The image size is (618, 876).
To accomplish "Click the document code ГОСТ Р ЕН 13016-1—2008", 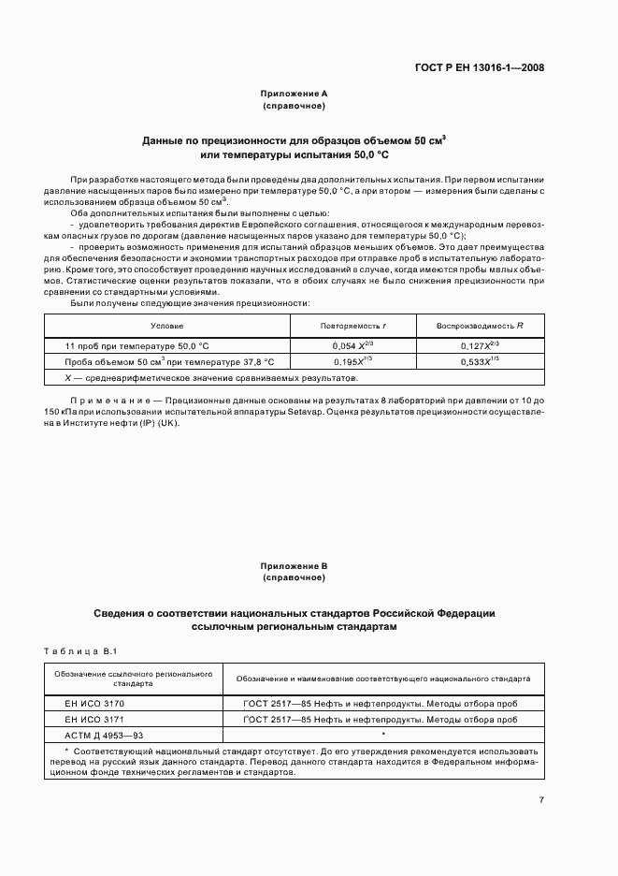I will pyautogui.click(x=480, y=67).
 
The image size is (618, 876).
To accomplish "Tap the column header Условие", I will pyautogui.click(x=166, y=326).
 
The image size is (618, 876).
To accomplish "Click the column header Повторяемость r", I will pyautogui.click(x=353, y=326).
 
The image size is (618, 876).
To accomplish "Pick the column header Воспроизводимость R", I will pyautogui.click(x=480, y=326).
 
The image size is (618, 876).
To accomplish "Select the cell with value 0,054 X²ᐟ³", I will pyautogui.click(x=353, y=345).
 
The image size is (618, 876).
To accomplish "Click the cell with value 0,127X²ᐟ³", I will pyautogui.click(x=480, y=345).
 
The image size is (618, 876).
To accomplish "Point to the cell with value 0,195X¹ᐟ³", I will pyautogui.click(x=353, y=361).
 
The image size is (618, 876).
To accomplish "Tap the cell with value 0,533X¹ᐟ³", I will pyautogui.click(x=480, y=361).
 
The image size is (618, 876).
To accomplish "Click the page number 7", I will pyautogui.click(x=541, y=799).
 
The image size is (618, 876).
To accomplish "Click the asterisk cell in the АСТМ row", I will pyautogui.click(x=382, y=735).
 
